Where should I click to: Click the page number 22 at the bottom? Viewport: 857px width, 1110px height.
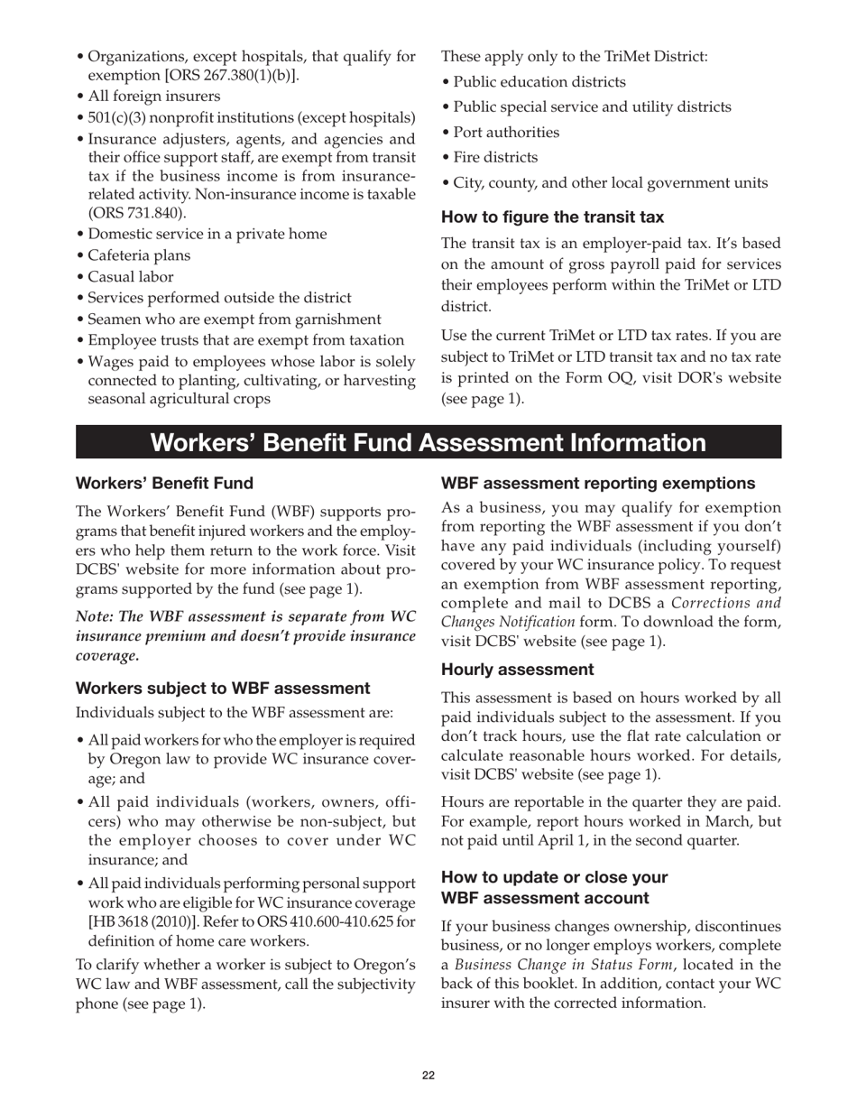[428, 1075]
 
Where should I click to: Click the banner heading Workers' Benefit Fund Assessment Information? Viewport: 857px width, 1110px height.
[428, 443]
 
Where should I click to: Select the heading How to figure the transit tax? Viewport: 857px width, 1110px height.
[552, 217]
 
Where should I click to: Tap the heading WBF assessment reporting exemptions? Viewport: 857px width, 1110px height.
[598, 484]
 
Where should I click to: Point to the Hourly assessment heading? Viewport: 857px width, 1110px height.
[518, 670]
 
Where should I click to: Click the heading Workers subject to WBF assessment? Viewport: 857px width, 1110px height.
[223, 689]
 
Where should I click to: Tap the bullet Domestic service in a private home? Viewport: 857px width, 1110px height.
[207, 234]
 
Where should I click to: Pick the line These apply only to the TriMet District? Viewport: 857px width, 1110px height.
[574, 57]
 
